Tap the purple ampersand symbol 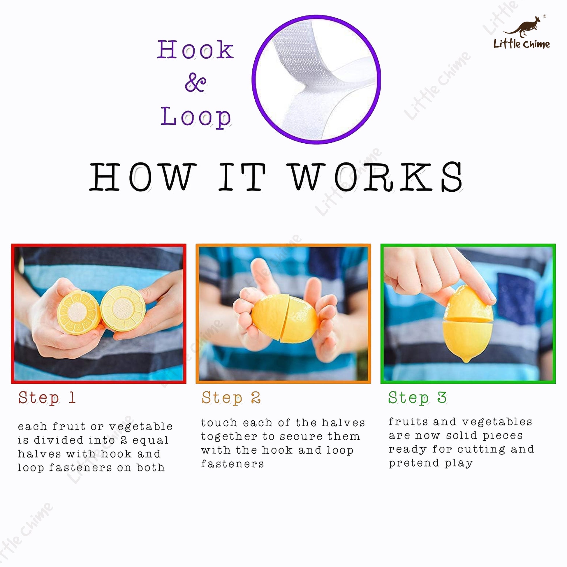coord(196,82)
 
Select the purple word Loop coord(196,117)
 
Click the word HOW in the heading coord(143,177)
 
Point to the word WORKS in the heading coord(376,177)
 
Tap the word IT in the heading coord(242,177)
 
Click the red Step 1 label coord(47,398)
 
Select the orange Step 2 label coord(231,398)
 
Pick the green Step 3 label coord(417,398)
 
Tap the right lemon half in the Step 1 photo coord(123,308)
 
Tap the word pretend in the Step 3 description coord(414,463)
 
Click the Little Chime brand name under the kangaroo coord(522,44)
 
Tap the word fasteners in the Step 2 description coord(233,464)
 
